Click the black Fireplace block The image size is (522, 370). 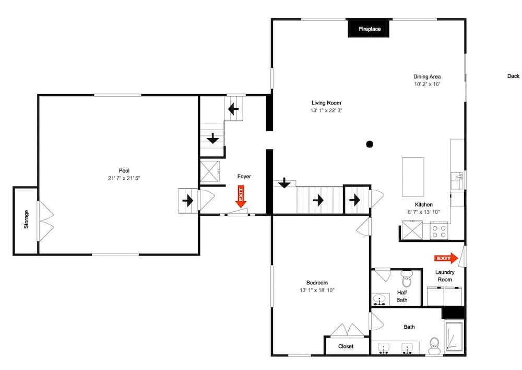(369, 29)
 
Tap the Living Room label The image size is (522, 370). (326, 103)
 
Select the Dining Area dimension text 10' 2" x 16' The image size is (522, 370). (427, 84)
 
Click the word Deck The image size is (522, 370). (513, 76)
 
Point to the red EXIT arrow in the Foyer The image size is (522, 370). (240, 196)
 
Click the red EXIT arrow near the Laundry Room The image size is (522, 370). (446, 258)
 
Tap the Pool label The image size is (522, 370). (124, 171)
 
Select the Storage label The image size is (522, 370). (26, 219)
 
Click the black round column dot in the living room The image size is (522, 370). (370, 144)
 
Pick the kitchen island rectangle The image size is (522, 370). (413, 177)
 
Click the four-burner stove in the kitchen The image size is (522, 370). (439, 231)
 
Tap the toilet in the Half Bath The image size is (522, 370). (407, 279)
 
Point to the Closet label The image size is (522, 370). (346, 346)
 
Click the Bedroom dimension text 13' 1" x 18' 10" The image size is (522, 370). (317, 291)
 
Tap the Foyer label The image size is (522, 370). (244, 176)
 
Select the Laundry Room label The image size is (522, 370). (445, 276)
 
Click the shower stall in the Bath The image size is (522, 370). (454, 336)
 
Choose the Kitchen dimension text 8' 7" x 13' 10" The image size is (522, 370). (424, 212)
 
